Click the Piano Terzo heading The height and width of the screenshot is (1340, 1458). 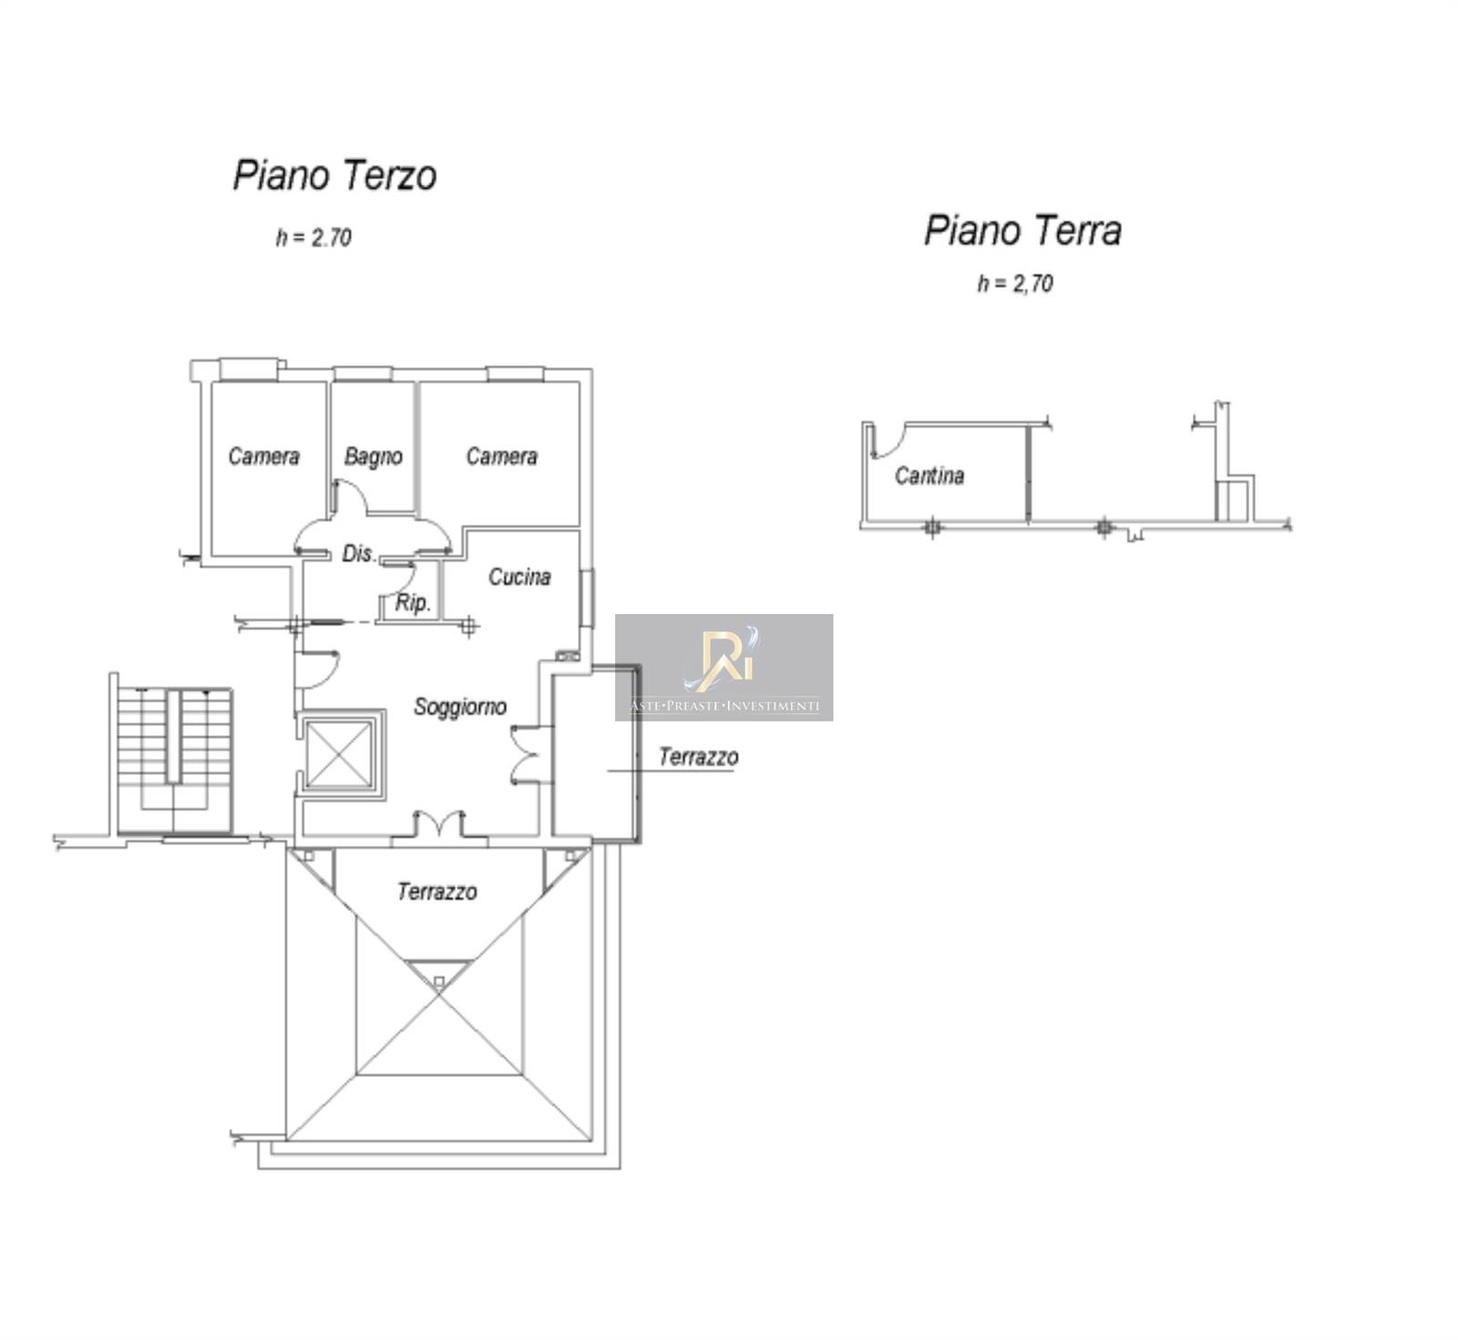(x=334, y=176)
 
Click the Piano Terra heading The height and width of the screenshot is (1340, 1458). (x=1022, y=230)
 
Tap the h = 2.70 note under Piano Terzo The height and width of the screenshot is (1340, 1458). (x=313, y=238)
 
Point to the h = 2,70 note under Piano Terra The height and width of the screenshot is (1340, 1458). (x=1015, y=283)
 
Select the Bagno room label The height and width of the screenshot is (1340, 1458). (x=373, y=456)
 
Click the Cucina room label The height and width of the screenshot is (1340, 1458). (x=519, y=577)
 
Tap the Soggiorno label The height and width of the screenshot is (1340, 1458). (x=460, y=707)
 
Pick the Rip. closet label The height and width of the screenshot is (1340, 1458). (x=413, y=603)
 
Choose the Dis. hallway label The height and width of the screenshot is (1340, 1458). (x=358, y=553)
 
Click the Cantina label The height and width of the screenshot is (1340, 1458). (x=929, y=476)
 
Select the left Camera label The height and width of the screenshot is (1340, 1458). (x=263, y=455)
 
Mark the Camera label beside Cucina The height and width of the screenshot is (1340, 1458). (x=501, y=455)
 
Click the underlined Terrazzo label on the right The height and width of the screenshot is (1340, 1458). (x=698, y=758)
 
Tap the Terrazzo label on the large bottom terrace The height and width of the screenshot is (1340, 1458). (x=436, y=892)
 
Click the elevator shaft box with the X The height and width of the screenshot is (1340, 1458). (x=340, y=753)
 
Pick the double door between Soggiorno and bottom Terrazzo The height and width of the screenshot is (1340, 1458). (x=439, y=824)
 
